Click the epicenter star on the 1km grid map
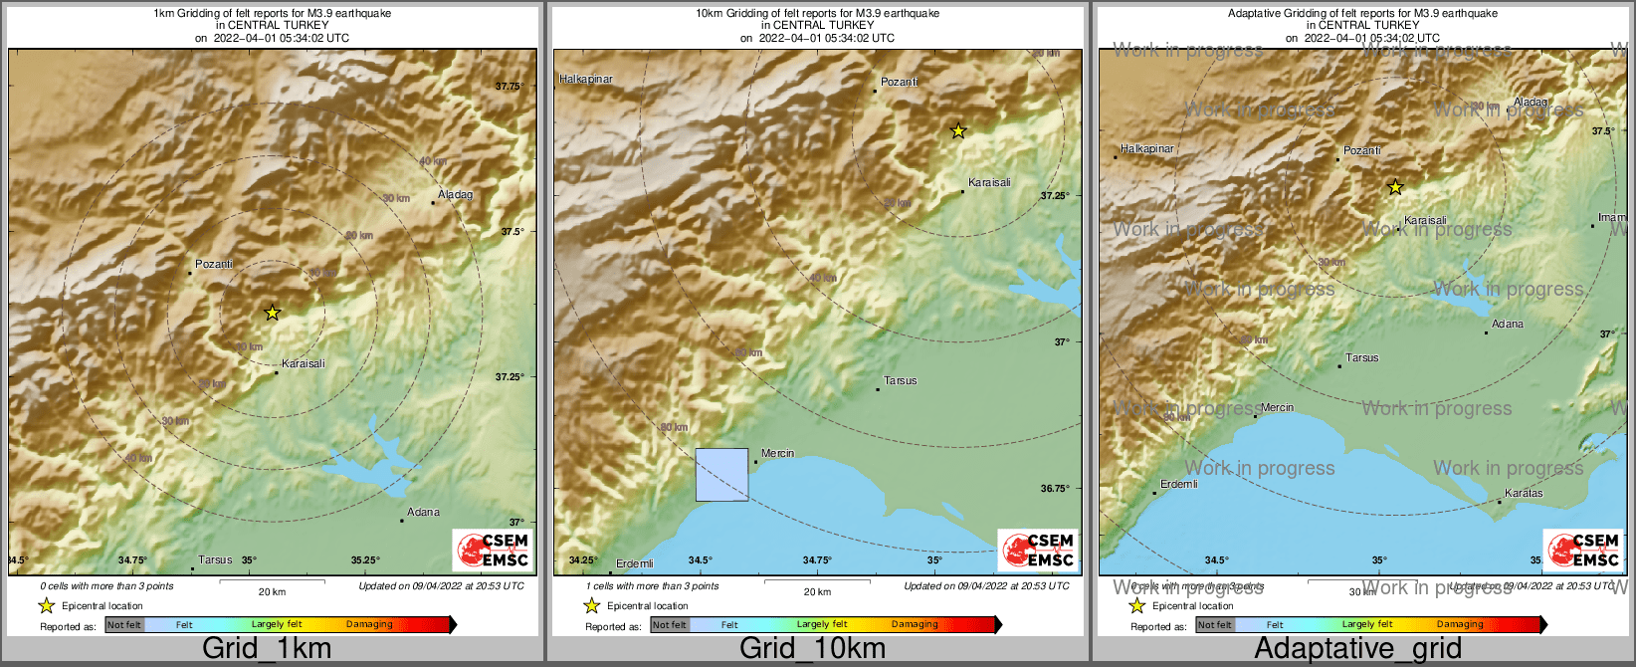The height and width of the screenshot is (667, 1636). point(272,313)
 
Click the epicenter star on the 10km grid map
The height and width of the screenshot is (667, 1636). point(958,130)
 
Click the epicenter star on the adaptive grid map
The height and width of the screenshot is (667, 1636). point(1395,187)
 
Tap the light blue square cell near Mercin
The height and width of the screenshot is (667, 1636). point(721,475)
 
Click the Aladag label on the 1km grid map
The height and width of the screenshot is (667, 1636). point(455,194)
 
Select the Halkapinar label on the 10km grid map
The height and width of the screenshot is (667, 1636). point(586,79)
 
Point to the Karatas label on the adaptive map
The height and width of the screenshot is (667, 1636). point(1524,493)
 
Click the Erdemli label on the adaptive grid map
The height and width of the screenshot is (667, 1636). point(1178,484)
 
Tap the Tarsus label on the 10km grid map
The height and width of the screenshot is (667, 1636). point(900,380)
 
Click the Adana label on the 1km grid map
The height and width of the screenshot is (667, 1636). point(423,512)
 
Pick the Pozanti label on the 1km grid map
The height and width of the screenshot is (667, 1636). point(214,264)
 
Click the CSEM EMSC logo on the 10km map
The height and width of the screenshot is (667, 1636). point(1038,551)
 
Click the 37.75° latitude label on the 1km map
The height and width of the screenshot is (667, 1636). point(509,87)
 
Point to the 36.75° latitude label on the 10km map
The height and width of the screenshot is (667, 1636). point(1055,488)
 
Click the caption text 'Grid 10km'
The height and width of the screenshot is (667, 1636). point(812,648)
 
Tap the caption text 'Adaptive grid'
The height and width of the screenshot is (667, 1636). point(1357,648)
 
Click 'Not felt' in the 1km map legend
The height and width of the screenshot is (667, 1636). point(124,625)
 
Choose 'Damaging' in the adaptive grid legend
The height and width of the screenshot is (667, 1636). point(1460,625)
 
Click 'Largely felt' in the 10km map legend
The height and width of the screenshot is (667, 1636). point(822,625)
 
